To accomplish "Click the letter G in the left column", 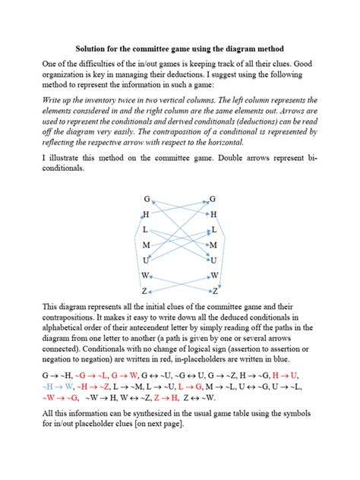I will [147, 199].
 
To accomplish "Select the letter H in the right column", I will [213, 215].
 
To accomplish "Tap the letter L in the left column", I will [145, 229].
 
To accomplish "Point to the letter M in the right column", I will [213, 245].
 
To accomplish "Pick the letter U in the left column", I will [146, 260].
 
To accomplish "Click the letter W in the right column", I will [214, 275].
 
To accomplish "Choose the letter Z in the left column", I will [144, 291].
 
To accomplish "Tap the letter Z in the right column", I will [216, 291].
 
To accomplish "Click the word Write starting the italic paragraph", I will [58, 100].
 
